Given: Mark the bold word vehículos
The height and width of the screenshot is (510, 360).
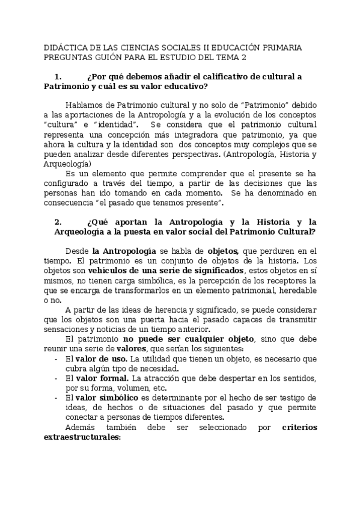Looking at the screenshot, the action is coord(91,271).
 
